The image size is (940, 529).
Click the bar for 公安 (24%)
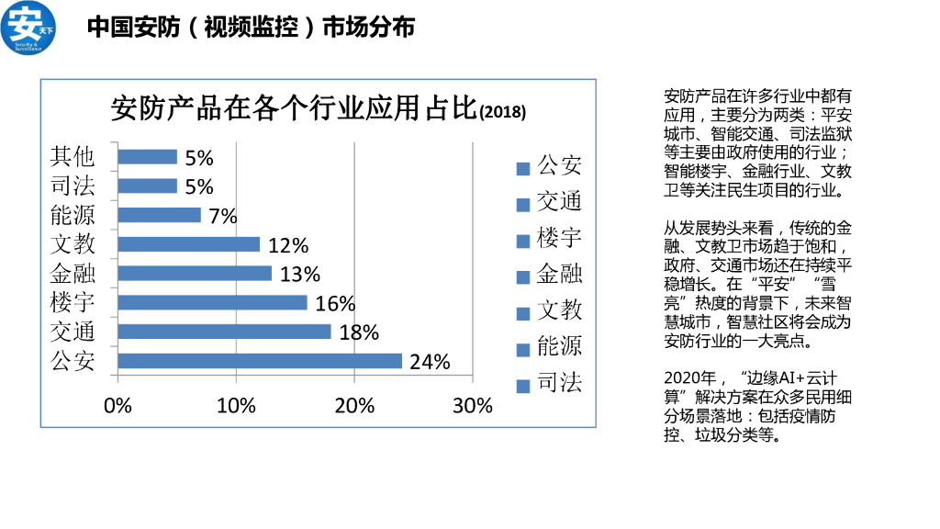[260, 361]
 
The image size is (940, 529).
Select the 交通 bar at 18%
[224, 332]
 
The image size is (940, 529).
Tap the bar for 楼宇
[212, 302]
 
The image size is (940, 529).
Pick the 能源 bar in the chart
[159, 215]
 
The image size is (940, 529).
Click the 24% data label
[430, 362]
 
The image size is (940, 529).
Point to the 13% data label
[299, 275]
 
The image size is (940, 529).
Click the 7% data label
[222, 217]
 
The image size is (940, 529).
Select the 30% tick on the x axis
[473, 406]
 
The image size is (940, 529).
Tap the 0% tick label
[118, 406]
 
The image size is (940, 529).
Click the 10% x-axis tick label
[236, 406]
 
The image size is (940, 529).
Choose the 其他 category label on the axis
[73, 157]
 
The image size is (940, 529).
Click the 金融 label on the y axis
[73, 274]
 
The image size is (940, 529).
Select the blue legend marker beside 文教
[523, 312]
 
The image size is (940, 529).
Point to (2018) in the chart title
[503, 113]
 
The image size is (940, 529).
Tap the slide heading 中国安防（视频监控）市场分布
[251, 28]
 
